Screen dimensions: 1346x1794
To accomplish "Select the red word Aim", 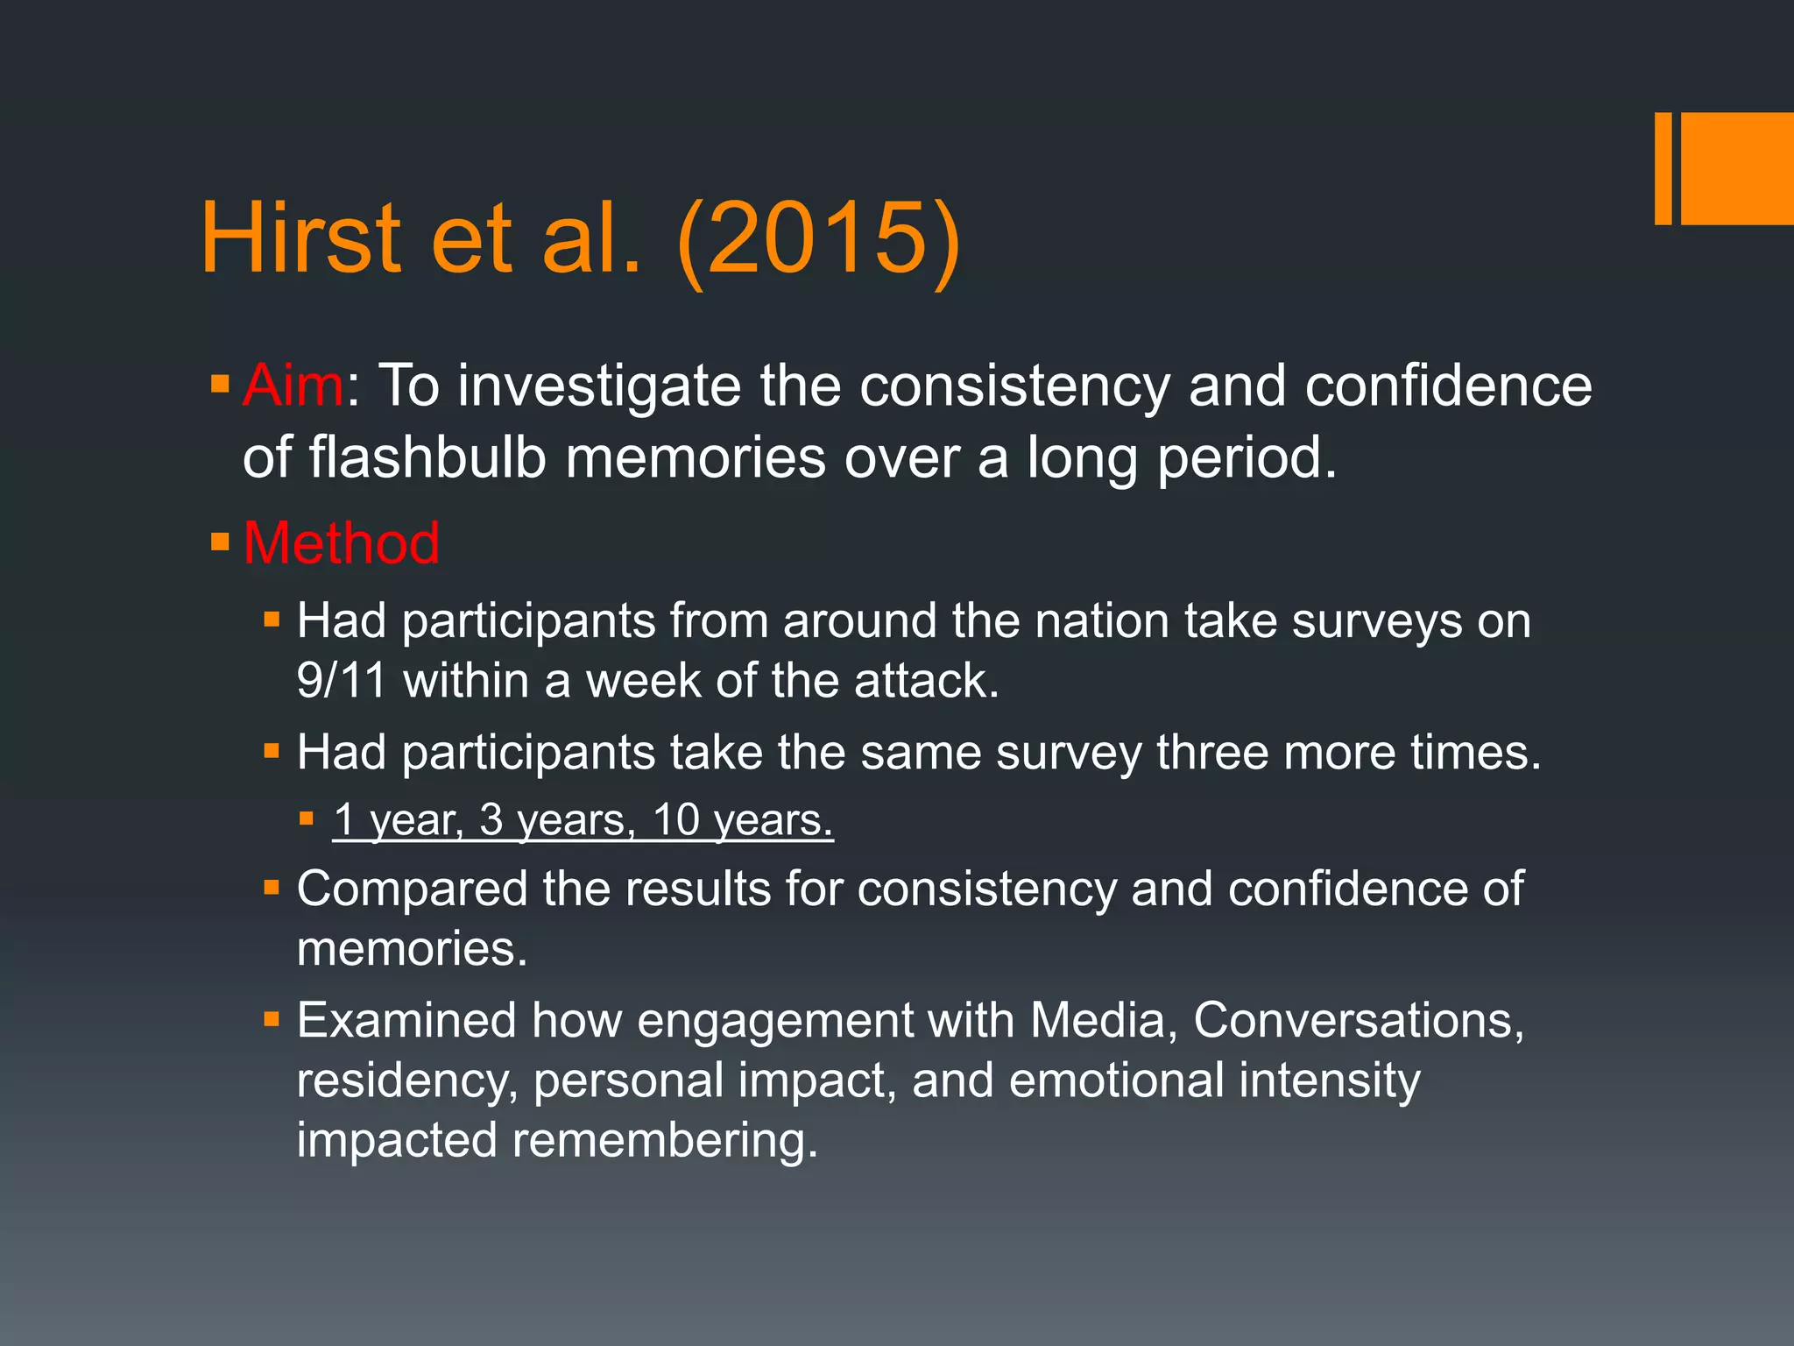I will (x=293, y=386).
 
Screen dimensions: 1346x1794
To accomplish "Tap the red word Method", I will (x=341, y=543).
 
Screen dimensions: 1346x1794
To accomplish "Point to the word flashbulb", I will (x=427, y=457).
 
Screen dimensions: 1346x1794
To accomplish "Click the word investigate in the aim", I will (x=599, y=386).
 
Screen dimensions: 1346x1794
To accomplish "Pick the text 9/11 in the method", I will (x=341, y=681).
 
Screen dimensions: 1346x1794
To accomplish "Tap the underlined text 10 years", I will (x=743, y=820).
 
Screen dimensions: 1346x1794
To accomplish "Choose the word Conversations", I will (x=1358, y=1021).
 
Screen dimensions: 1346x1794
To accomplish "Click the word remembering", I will (x=665, y=1140).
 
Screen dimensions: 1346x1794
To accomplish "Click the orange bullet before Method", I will (x=220, y=542).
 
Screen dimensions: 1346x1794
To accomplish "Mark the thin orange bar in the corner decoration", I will (x=1663, y=168).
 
